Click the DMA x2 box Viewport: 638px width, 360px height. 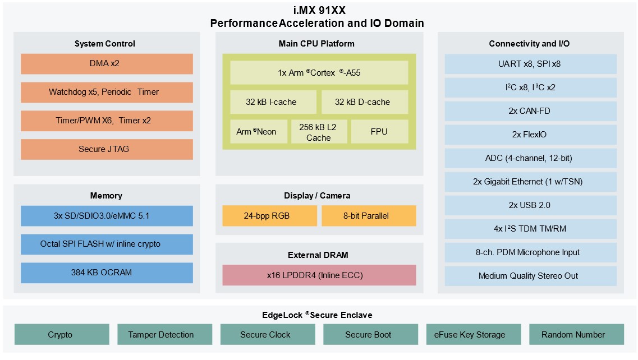coord(107,64)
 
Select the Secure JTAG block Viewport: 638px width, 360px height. coord(107,149)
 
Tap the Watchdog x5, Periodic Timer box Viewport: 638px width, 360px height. coord(107,92)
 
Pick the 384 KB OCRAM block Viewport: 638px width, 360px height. coord(107,273)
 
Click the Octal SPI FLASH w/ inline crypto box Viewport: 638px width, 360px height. coord(107,244)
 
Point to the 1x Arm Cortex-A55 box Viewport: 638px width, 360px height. coord(319,73)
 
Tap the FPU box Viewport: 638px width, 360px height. coord(379,132)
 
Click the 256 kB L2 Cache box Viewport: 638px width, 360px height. coord(319,132)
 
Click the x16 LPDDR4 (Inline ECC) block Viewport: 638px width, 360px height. coord(319,275)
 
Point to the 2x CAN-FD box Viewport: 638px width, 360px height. coord(530,111)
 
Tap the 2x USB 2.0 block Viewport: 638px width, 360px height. coord(530,205)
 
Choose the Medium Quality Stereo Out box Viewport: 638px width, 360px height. coord(530,276)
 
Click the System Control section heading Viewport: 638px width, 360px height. coord(105,44)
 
